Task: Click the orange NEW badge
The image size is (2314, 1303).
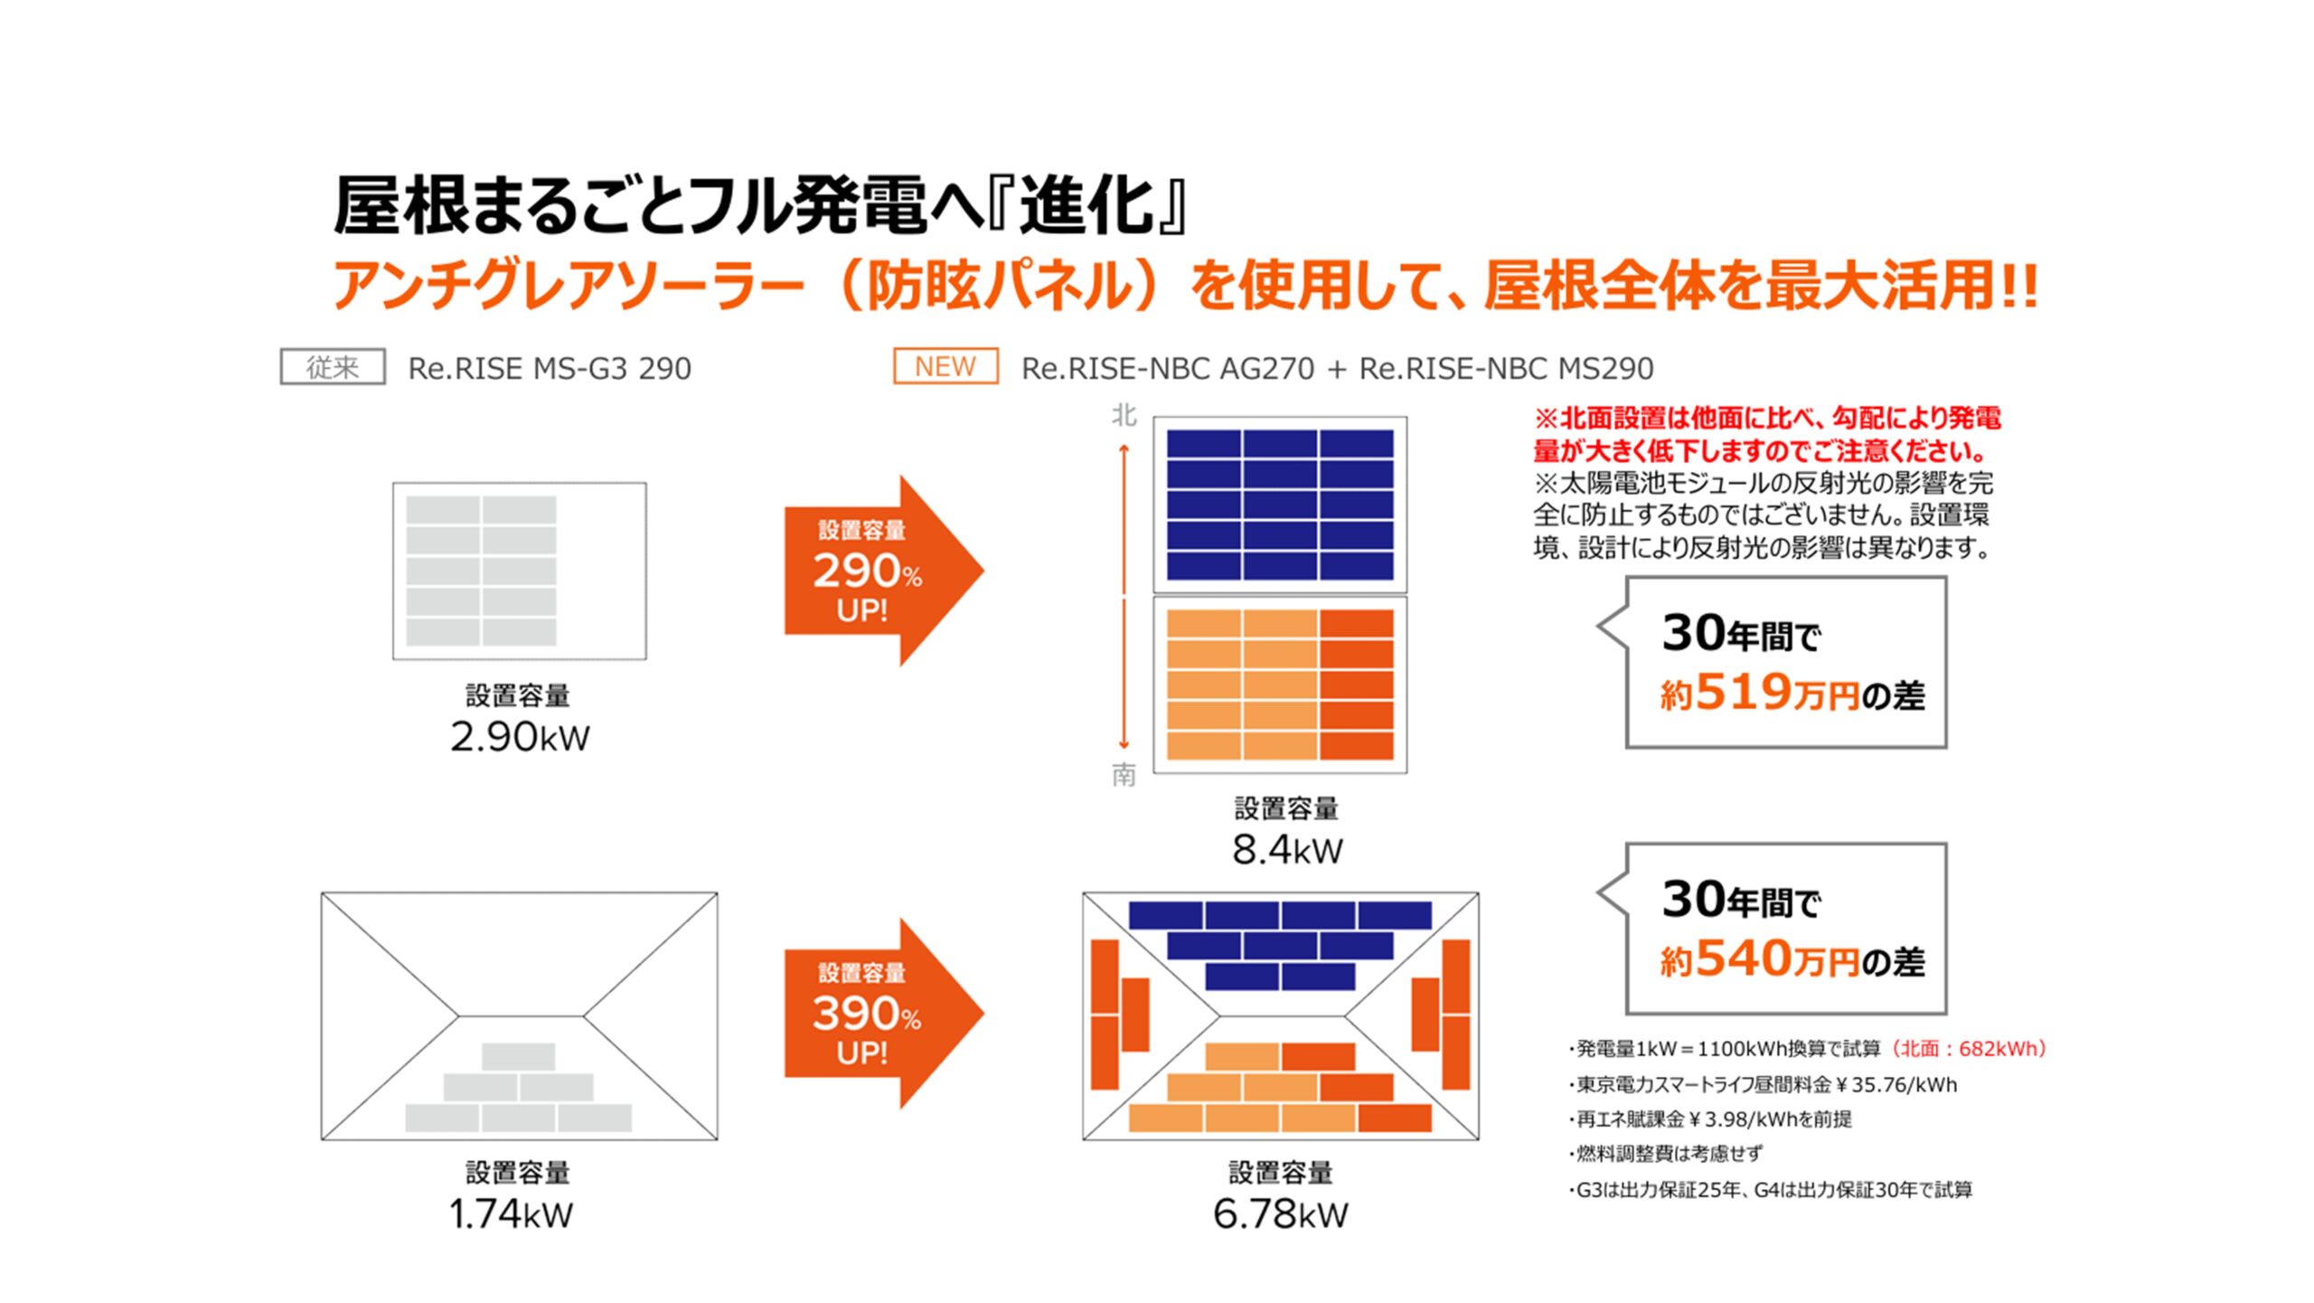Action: (945, 366)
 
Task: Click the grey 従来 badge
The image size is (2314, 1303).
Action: (333, 367)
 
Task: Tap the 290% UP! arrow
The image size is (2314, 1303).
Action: (884, 571)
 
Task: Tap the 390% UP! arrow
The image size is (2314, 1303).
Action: (884, 1014)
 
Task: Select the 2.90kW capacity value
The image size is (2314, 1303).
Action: (520, 737)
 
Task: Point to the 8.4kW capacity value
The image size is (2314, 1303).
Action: (1287, 850)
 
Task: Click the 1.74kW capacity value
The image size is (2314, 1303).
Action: (511, 1213)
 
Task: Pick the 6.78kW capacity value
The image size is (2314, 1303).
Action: (1280, 1213)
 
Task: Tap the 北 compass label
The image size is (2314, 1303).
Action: (1124, 416)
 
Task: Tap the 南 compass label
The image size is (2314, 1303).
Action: (1124, 775)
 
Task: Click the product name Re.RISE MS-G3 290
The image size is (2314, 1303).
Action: (550, 368)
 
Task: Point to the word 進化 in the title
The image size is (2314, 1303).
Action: (1087, 205)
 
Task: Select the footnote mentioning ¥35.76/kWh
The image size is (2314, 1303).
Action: (1764, 1084)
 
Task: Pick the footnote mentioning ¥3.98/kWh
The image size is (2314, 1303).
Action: (1710, 1119)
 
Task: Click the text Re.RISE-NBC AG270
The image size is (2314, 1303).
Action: (1168, 368)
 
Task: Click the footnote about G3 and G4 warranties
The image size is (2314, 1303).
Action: (1771, 1190)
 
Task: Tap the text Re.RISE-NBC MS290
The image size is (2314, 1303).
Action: (1507, 368)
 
